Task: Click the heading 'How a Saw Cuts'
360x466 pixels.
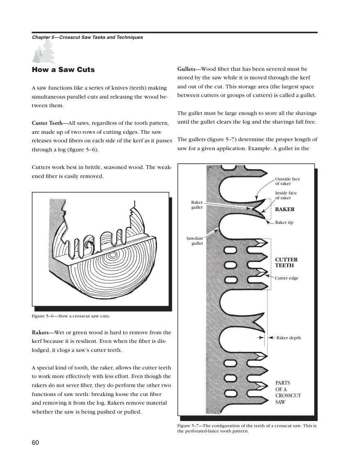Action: click(63, 70)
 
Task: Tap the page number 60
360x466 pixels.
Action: click(35, 443)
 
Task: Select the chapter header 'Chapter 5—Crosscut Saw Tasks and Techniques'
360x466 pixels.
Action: click(88, 37)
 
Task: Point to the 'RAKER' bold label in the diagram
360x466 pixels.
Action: click(285, 209)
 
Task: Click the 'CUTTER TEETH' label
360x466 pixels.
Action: click(286, 262)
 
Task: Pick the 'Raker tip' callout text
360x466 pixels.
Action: click(284, 222)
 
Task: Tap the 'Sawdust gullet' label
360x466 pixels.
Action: click(195, 241)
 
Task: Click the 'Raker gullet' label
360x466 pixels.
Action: click(197, 205)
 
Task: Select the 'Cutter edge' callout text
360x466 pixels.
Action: click(287, 278)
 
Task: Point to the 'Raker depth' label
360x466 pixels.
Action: click(289, 338)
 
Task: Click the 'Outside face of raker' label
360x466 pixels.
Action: click(288, 181)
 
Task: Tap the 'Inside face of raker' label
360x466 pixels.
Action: click(286, 195)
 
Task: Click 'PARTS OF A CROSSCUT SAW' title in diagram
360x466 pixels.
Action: click(288, 392)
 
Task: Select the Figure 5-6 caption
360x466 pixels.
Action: click(71, 316)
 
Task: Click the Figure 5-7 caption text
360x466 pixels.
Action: click(247, 428)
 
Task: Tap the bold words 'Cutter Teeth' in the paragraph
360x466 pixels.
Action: click(47, 123)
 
